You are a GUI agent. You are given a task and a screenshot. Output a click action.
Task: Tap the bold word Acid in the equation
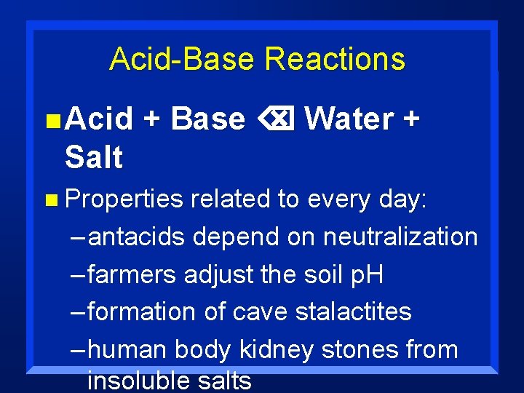tap(99, 118)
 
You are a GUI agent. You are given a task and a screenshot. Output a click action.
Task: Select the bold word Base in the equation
tap(207, 118)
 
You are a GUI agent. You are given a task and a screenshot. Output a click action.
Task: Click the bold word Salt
tap(94, 156)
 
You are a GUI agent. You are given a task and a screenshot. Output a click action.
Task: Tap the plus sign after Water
tap(410, 119)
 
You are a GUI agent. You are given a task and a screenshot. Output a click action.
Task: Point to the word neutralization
tap(400, 236)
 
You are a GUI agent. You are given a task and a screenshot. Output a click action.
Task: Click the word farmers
tap(132, 274)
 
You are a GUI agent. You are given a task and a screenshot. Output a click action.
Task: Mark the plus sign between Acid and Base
tap(152, 119)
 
